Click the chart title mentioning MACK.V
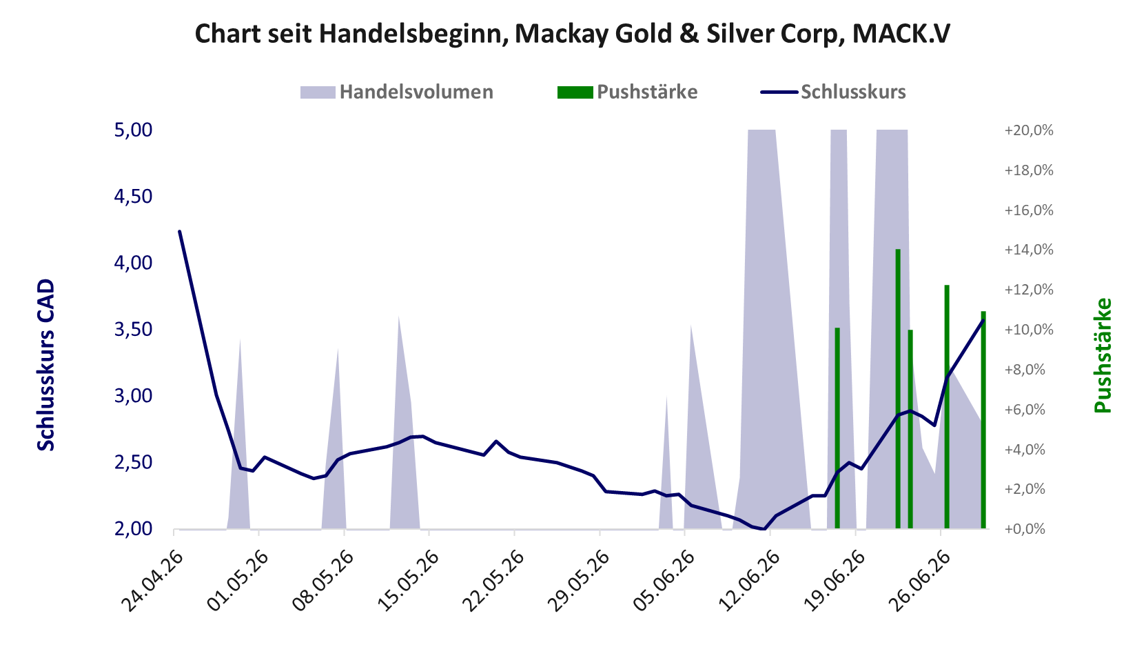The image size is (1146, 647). (573, 34)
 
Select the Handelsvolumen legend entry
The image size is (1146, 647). (396, 92)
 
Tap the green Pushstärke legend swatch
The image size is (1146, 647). (575, 92)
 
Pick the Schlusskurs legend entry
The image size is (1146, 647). (833, 92)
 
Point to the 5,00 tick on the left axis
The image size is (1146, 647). (133, 130)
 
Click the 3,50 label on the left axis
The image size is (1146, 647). (133, 330)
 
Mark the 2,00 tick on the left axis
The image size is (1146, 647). (133, 528)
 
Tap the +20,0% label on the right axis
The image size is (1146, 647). (1029, 130)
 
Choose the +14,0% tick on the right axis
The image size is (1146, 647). (1029, 250)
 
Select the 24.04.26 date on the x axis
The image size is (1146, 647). (152, 581)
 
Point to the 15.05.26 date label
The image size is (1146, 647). (408, 581)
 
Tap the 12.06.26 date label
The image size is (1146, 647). (748, 581)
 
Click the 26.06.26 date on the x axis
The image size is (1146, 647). (919, 581)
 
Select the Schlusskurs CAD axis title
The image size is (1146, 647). (45, 365)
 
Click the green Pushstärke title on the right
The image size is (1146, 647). (1103, 355)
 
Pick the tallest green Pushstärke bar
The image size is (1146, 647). (898, 389)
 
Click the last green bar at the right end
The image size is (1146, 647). (983, 420)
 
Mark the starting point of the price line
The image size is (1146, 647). (180, 231)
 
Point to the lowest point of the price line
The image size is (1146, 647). (764, 528)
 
